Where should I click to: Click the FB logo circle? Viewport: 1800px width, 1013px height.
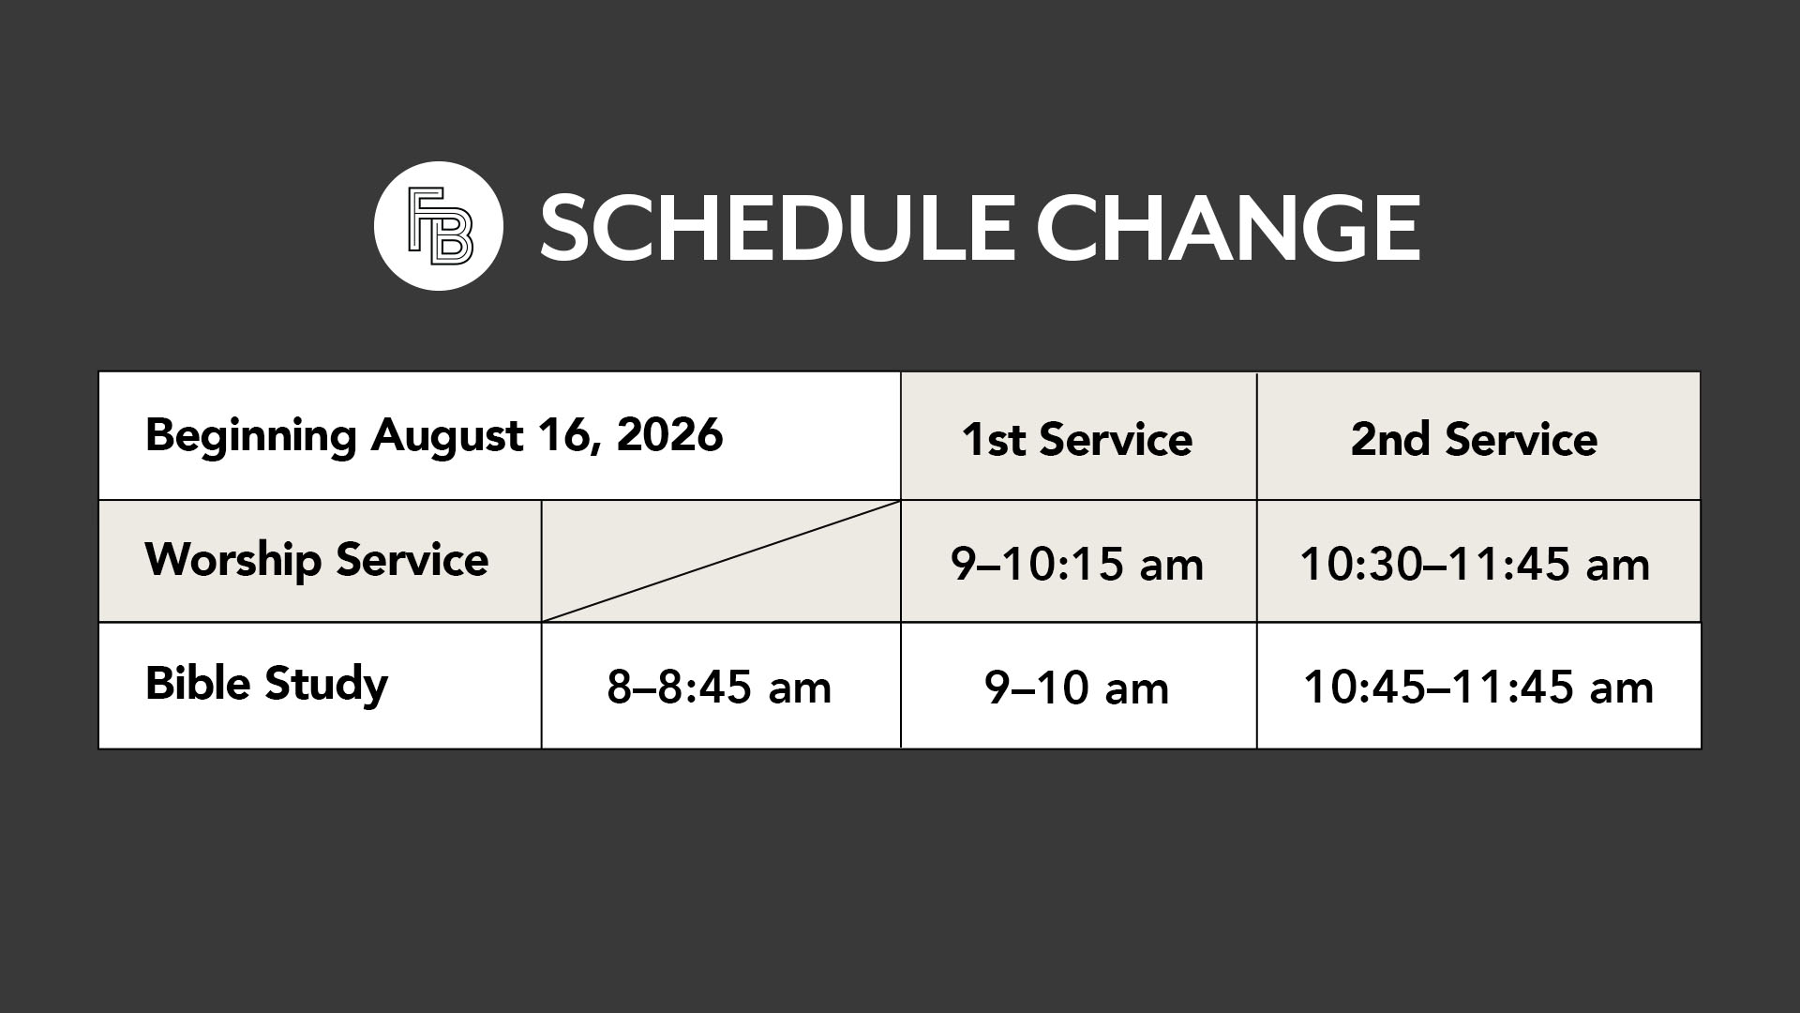point(439,226)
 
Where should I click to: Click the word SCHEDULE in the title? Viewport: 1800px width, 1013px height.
point(776,227)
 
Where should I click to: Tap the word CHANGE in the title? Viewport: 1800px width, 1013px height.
point(1228,227)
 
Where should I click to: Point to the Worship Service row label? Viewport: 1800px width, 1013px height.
point(317,560)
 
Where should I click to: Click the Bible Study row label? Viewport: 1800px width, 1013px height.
point(266,684)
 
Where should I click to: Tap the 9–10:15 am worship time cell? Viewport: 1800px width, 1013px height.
point(1078,564)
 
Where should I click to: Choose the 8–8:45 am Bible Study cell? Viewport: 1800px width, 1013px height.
point(720,687)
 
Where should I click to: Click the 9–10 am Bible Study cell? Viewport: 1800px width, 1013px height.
point(1078,687)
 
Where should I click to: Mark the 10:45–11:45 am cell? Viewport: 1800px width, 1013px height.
point(1478,687)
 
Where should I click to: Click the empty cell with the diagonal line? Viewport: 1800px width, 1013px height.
point(721,561)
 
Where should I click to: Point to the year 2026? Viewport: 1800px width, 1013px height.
point(669,435)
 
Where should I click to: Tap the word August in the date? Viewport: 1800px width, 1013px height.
point(446,437)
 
